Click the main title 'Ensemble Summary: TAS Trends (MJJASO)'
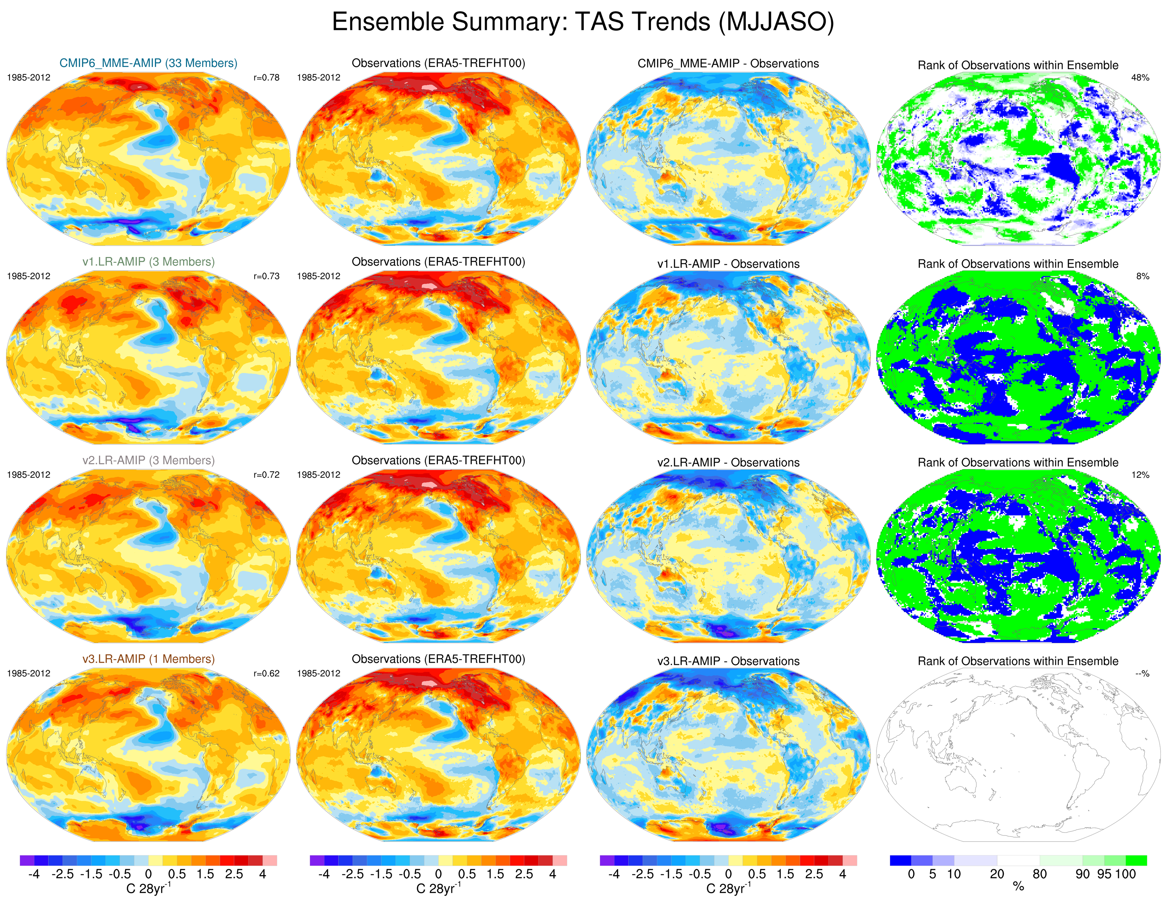583,22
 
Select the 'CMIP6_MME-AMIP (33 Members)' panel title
148,63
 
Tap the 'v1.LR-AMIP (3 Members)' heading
148,262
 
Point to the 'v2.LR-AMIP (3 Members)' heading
148,460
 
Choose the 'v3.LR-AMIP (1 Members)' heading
148,659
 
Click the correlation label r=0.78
266,77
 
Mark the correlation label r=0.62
266,674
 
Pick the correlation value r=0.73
266,276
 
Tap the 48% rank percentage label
1140,77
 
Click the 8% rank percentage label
1142,276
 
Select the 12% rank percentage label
1140,475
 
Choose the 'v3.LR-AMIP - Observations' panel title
728,661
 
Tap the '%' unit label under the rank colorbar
1018,887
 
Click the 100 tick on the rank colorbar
1125,874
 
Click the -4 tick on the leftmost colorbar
34,874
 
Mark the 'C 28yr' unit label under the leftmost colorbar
148,888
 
